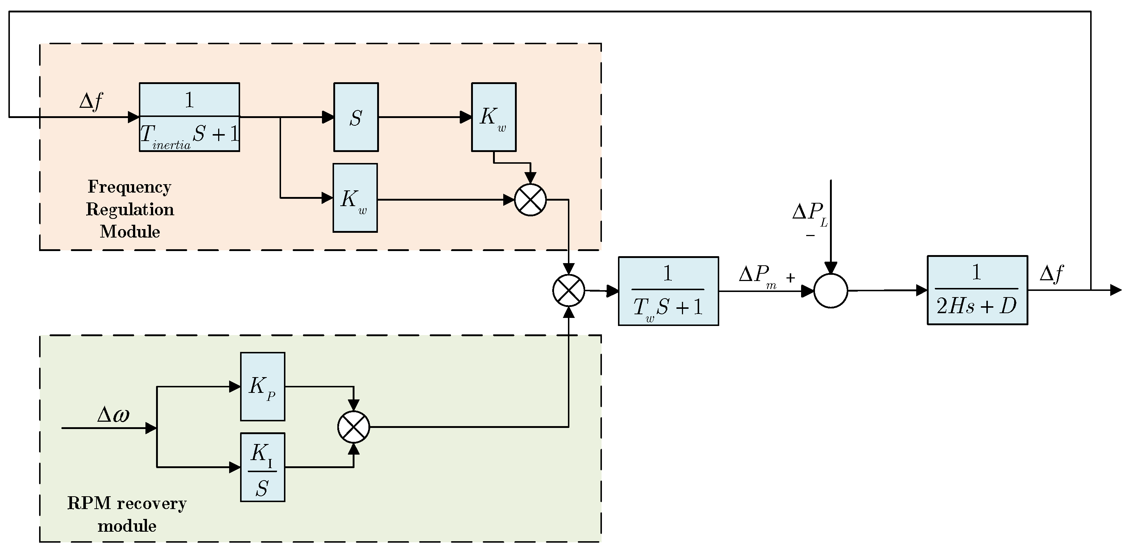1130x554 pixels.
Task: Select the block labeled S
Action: point(356,117)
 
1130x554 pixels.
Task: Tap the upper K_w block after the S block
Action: point(493,117)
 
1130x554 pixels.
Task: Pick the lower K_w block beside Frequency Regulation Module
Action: point(355,198)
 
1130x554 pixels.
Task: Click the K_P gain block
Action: point(262,386)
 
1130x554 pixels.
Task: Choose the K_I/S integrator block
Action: point(262,467)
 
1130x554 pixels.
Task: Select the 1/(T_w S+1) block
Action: point(668,291)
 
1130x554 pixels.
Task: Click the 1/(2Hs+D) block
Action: point(977,290)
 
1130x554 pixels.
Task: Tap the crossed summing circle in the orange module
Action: point(530,200)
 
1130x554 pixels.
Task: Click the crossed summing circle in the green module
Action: point(353,427)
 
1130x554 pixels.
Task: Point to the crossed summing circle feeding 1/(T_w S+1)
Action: point(569,291)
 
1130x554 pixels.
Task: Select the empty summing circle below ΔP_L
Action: point(830,291)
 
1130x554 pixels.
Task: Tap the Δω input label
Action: point(113,414)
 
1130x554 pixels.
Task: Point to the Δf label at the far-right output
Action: point(1051,274)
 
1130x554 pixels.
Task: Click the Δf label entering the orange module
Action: point(91,101)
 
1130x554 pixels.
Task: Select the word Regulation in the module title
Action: point(130,209)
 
